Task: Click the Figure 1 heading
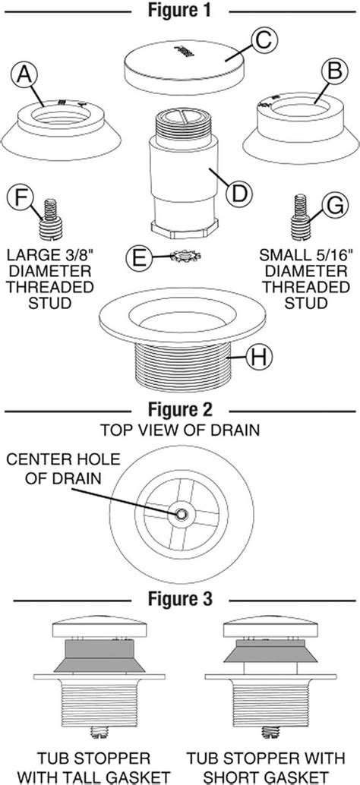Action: click(x=180, y=11)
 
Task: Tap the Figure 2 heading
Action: click(x=180, y=411)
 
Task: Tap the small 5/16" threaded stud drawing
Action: click(x=298, y=216)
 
